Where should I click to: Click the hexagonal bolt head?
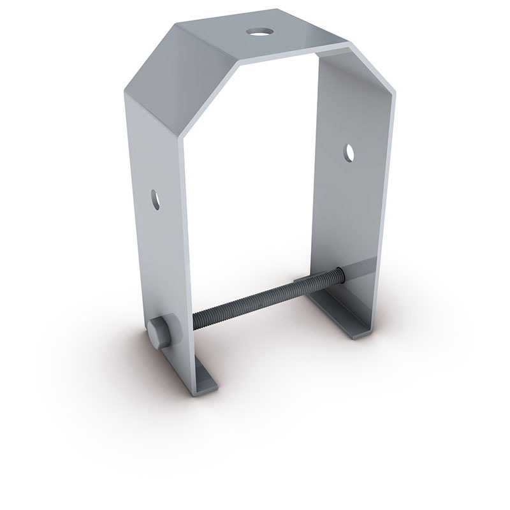point(159,333)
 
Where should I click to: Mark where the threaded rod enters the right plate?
point(342,275)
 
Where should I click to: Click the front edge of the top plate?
point(293,55)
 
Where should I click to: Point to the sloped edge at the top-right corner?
point(373,64)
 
